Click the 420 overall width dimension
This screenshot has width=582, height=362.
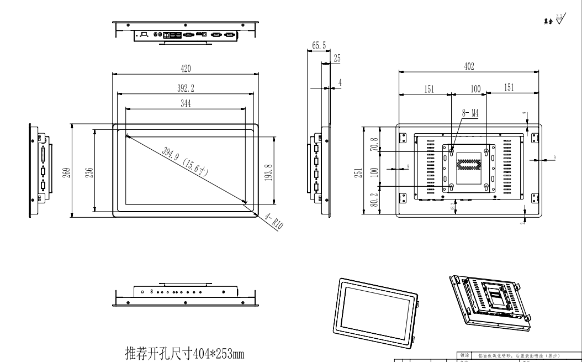point(186,68)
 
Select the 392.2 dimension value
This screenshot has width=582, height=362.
point(186,87)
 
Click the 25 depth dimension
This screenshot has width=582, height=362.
point(337,58)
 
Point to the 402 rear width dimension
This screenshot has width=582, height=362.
point(469,67)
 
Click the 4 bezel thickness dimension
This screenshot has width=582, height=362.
point(340,82)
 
